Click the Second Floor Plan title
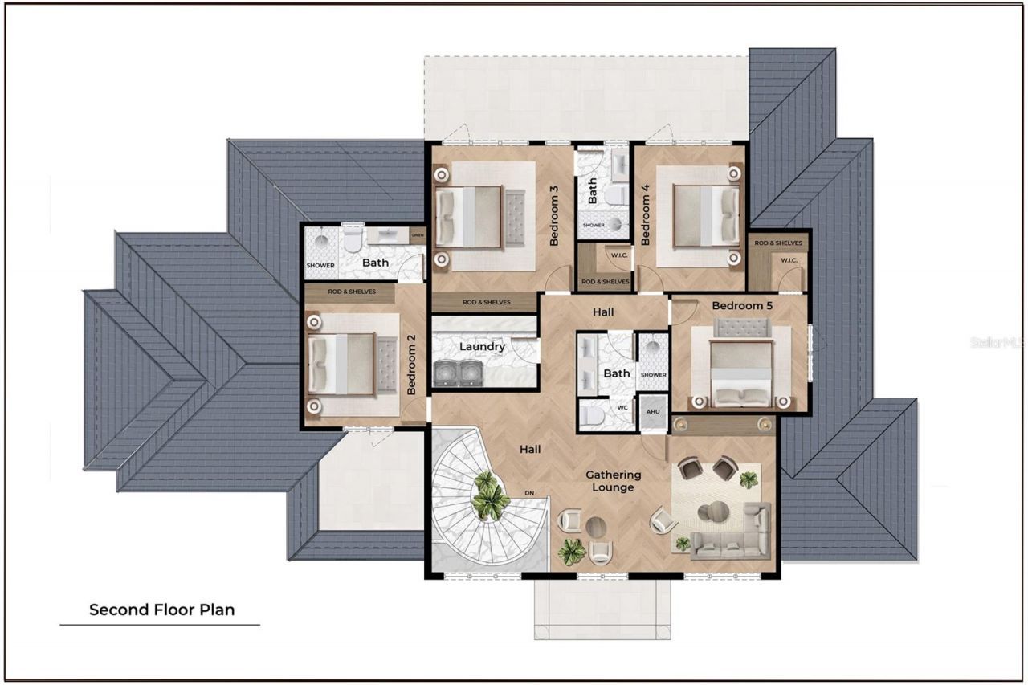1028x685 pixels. tap(161, 610)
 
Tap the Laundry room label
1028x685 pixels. tap(482, 347)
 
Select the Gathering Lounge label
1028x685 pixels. tap(614, 481)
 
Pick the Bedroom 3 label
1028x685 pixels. tap(554, 216)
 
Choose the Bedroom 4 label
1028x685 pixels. tap(645, 216)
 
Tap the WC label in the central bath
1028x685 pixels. tap(622, 407)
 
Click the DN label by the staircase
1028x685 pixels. tap(529, 492)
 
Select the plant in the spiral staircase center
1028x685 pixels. tap(489, 495)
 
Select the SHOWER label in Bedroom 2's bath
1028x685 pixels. tap(320, 265)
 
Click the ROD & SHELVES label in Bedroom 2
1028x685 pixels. tap(350, 292)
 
